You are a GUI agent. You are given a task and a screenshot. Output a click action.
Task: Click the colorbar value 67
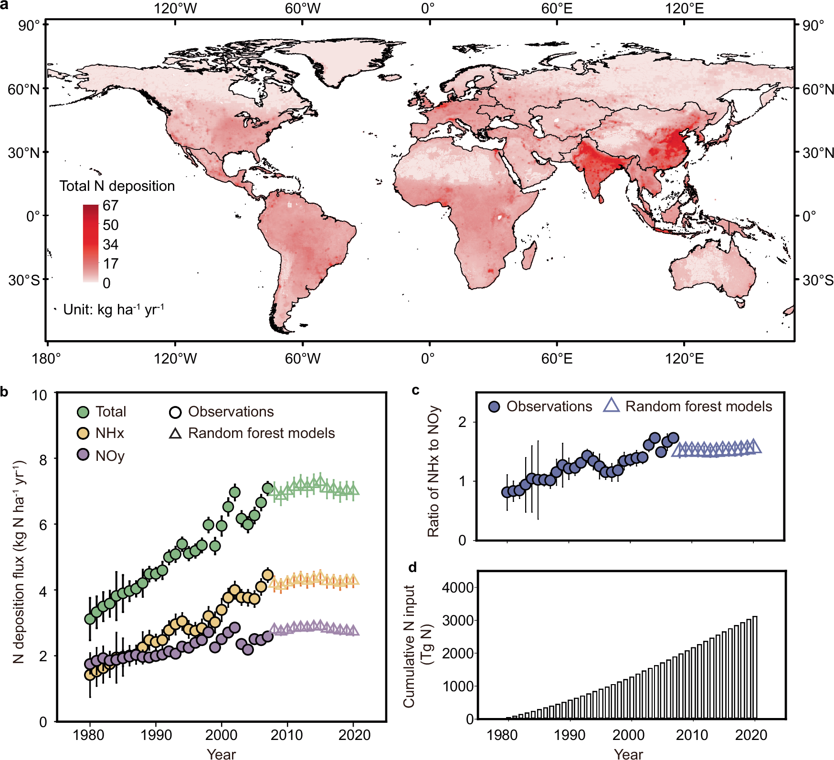110,206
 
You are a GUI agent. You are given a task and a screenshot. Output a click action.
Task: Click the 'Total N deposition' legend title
117,186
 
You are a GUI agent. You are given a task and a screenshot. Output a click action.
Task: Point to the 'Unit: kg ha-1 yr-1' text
114,310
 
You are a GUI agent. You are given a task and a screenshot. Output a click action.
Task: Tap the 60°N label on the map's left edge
23,89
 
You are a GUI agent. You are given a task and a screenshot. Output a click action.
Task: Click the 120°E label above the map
684,9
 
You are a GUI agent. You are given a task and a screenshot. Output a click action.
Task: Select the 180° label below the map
46,358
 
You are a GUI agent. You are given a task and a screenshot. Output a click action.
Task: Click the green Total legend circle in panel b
83,412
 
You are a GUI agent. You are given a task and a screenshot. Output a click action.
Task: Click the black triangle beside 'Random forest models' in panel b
175,433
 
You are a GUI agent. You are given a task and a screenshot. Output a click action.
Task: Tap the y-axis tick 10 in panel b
40,396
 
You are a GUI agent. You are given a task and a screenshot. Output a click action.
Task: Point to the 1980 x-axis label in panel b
89,735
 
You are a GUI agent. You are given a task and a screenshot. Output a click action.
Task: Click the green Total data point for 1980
90,619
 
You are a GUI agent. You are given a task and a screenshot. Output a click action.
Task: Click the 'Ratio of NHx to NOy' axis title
433,471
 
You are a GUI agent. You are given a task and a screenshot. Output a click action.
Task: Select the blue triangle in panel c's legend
612,406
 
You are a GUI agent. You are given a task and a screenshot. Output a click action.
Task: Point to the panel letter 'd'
413,567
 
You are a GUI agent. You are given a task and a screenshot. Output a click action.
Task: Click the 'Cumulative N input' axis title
410,646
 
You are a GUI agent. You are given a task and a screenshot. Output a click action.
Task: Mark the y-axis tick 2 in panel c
462,422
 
